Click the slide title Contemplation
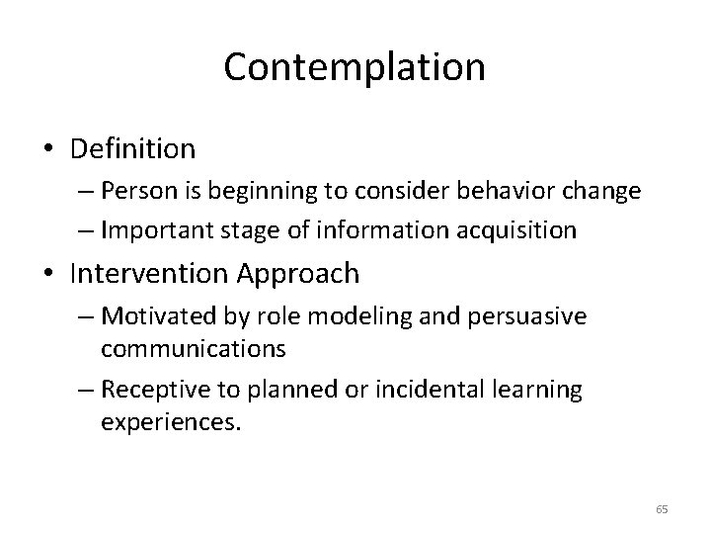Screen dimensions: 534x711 pyautogui.click(x=355, y=67)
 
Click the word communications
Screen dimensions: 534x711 pyautogui.click(x=193, y=348)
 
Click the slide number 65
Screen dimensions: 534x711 pyautogui.click(x=661, y=509)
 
